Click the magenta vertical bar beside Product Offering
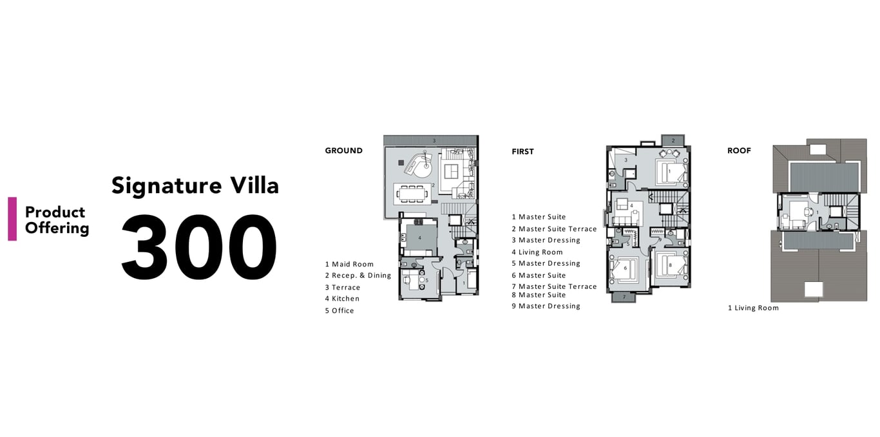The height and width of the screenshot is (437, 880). (x=12, y=219)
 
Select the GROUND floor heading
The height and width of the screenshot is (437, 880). (x=344, y=151)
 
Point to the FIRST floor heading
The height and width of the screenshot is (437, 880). (x=522, y=151)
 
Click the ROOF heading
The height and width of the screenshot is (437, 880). (x=739, y=151)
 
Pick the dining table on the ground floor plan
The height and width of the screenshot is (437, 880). (x=412, y=194)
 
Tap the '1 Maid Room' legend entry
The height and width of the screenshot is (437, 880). (x=349, y=265)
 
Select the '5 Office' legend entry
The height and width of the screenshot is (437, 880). (x=340, y=311)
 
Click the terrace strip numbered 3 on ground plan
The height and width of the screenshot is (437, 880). (x=431, y=140)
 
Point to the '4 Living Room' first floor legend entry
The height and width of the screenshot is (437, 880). (x=537, y=252)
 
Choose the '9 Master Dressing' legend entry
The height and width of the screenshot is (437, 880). (x=546, y=306)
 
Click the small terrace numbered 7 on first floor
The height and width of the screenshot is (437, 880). (x=624, y=297)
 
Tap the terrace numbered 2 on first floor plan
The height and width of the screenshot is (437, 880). (x=673, y=140)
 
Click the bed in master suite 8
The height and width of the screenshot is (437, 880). (x=671, y=265)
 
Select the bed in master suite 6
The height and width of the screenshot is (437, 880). (x=625, y=269)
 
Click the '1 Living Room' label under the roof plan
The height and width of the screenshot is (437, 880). (x=753, y=308)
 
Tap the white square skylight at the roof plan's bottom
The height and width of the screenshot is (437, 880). (x=813, y=290)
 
